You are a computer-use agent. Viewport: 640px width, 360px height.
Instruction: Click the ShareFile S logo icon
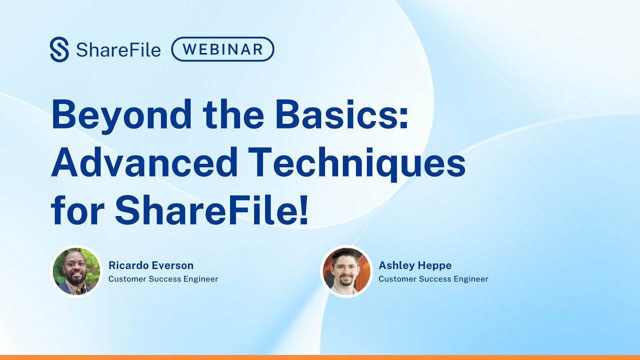(59, 49)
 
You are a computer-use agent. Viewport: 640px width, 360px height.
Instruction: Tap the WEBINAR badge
(222, 49)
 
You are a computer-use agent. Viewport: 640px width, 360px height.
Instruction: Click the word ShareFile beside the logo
(118, 50)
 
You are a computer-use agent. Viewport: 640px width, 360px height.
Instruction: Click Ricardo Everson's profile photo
(76, 271)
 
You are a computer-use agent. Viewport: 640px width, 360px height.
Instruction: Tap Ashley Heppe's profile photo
(346, 271)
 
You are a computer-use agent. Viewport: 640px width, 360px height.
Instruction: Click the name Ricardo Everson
(151, 265)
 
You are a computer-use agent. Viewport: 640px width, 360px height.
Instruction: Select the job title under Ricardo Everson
(163, 279)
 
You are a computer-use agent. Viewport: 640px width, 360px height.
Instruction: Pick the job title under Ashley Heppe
(433, 279)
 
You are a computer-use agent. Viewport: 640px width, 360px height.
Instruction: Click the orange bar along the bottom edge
(320, 357)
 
